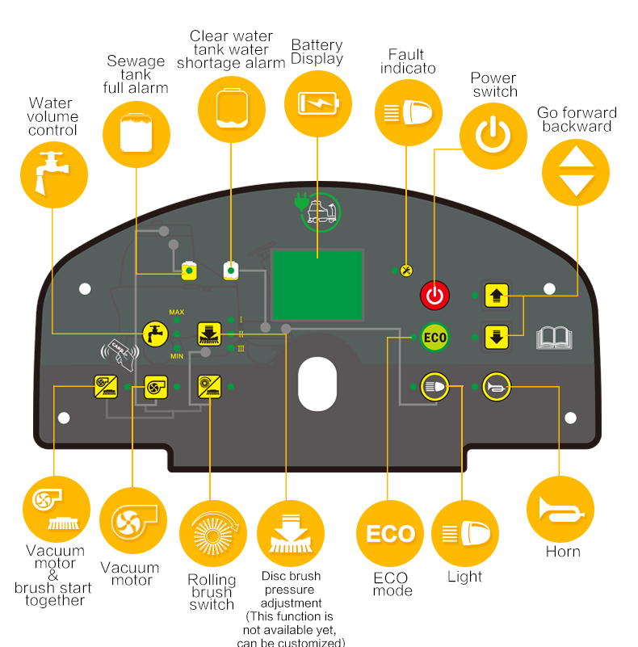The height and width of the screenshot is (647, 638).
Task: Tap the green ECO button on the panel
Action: coord(434,337)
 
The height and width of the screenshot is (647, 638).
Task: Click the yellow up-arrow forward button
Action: coord(497,296)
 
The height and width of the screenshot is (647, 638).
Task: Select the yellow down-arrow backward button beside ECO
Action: coord(497,337)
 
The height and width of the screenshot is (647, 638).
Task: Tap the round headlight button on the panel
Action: coord(434,387)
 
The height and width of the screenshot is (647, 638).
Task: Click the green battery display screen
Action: coord(317,284)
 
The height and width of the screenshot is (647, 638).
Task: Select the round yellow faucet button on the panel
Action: coord(155,334)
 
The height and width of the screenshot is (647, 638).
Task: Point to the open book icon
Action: coord(554,338)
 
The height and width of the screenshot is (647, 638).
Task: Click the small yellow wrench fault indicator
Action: coord(406,271)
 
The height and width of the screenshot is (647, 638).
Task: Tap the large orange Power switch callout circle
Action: coord(493,136)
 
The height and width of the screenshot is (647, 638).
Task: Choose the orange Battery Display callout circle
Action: coord(317,103)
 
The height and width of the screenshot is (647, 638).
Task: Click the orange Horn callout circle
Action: coord(560,509)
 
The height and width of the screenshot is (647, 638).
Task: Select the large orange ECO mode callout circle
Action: coord(390,533)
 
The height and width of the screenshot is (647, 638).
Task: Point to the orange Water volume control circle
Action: coord(54,174)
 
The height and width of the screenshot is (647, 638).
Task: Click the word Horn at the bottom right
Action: coord(563,552)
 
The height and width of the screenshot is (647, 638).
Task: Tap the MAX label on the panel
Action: coord(177,312)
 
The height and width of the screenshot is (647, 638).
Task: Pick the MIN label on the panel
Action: coord(177,356)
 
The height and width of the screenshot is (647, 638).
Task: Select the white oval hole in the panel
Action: coord(317,384)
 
